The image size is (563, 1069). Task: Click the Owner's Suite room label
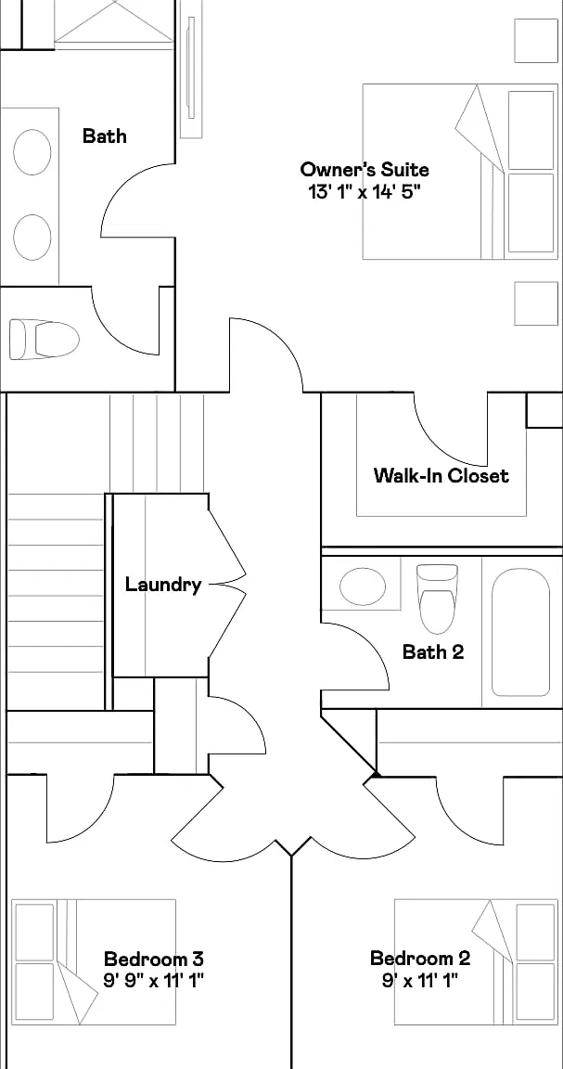click(x=365, y=169)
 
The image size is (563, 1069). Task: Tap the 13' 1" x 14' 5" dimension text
click(x=365, y=191)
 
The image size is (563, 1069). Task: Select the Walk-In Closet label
click(x=441, y=475)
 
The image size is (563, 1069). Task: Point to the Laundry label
click(x=163, y=585)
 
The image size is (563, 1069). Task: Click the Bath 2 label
click(x=433, y=651)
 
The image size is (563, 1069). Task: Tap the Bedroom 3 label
click(x=153, y=960)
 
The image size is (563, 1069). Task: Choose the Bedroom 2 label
click(x=420, y=959)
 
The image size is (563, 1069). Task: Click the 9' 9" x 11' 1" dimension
click(x=153, y=981)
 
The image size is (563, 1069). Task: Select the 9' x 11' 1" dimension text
click(x=420, y=981)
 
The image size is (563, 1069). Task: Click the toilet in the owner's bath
click(x=44, y=339)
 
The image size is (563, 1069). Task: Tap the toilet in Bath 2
click(x=437, y=599)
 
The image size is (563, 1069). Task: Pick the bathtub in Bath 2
click(x=520, y=632)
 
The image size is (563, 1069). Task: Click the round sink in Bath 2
click(x=363, y=586)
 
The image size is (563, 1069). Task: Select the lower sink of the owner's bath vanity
click(x=32, y=238)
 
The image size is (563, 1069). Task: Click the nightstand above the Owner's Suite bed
click(x=536, y=41)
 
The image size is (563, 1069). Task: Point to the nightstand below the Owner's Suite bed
click(x=536, y=303)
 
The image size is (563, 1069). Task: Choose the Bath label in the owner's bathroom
click(x=104, y=135)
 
